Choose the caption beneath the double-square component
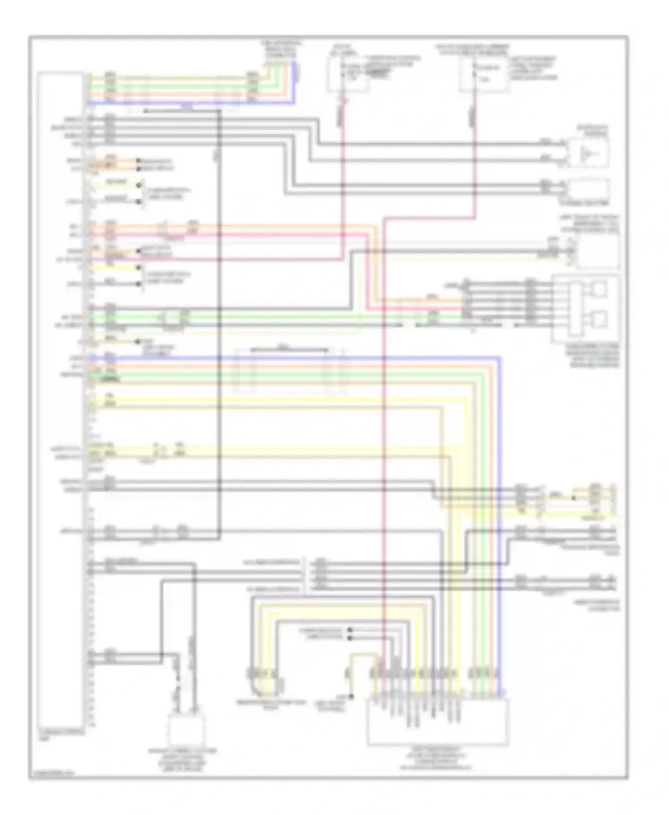click(595, 355)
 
